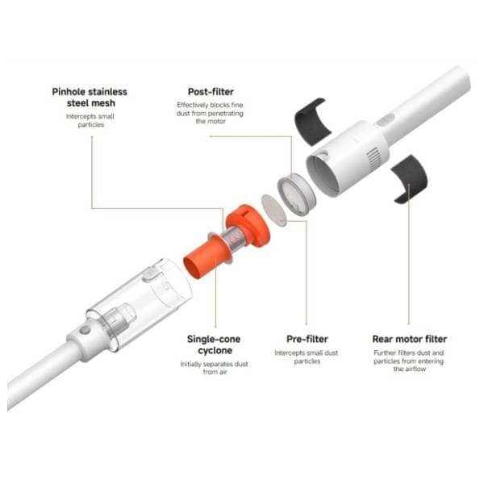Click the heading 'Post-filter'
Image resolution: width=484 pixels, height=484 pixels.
tap(211, 92)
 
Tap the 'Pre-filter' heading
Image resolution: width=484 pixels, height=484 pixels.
tap(307, 339)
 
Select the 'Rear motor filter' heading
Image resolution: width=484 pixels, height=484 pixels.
tap(410, 339)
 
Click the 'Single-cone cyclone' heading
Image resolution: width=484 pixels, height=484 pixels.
tap(214, 344)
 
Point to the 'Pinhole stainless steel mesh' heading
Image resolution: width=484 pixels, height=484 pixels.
tap(90, 98)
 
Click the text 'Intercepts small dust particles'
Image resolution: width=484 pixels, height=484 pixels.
tap(307, 357)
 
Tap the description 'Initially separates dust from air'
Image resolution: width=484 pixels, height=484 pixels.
tap(215, 368)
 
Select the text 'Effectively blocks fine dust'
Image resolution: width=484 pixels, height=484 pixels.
tap(210, 109)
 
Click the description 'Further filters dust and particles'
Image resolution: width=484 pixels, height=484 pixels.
tap(409, 357)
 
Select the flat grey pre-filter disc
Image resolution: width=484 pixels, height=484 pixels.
tap(273, 211)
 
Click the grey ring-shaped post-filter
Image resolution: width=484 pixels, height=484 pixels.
tap(297, 194)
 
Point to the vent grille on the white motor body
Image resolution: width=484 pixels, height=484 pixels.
tap(373, 157)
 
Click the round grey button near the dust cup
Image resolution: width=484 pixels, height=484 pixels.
tap(85, 330)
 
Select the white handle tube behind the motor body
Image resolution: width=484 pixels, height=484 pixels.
tap(426, 98)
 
